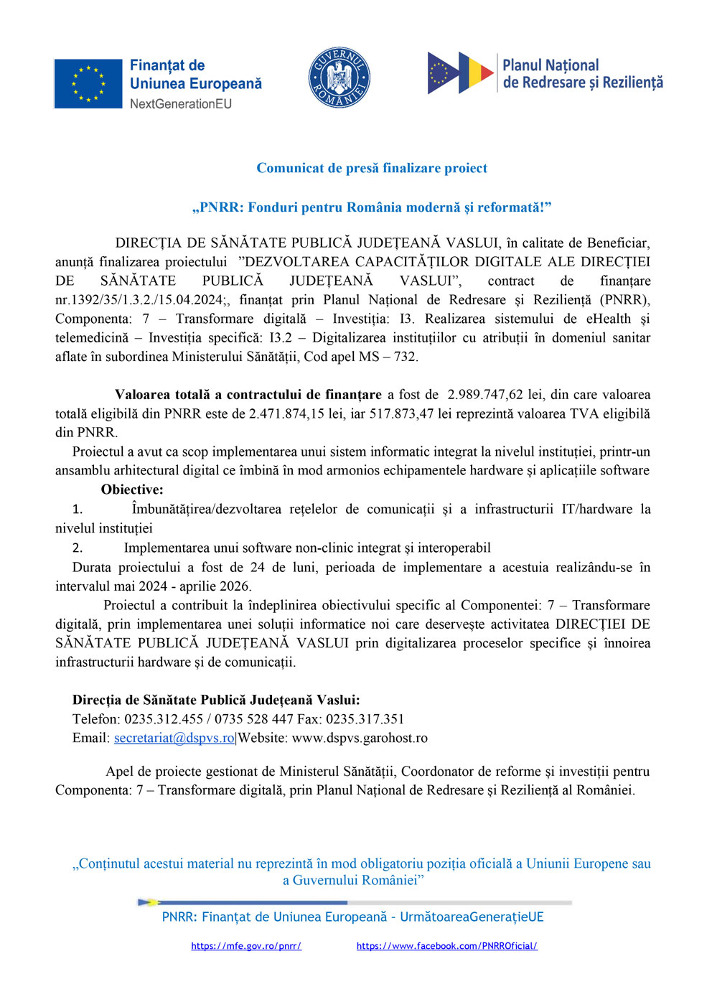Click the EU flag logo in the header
click(88, 84)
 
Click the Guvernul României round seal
click(339, 78)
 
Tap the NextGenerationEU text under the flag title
click(180, 104)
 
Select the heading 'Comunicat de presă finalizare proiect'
click(372, 168)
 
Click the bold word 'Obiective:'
click(132, 490)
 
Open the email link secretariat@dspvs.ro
click(174, 738)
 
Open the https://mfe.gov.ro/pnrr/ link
click(246, 946)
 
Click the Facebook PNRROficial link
click(446, 946)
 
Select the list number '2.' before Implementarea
click(78, 548)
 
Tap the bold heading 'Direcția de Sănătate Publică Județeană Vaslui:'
click(216, 700)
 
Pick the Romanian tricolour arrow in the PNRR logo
click(477, 72)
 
